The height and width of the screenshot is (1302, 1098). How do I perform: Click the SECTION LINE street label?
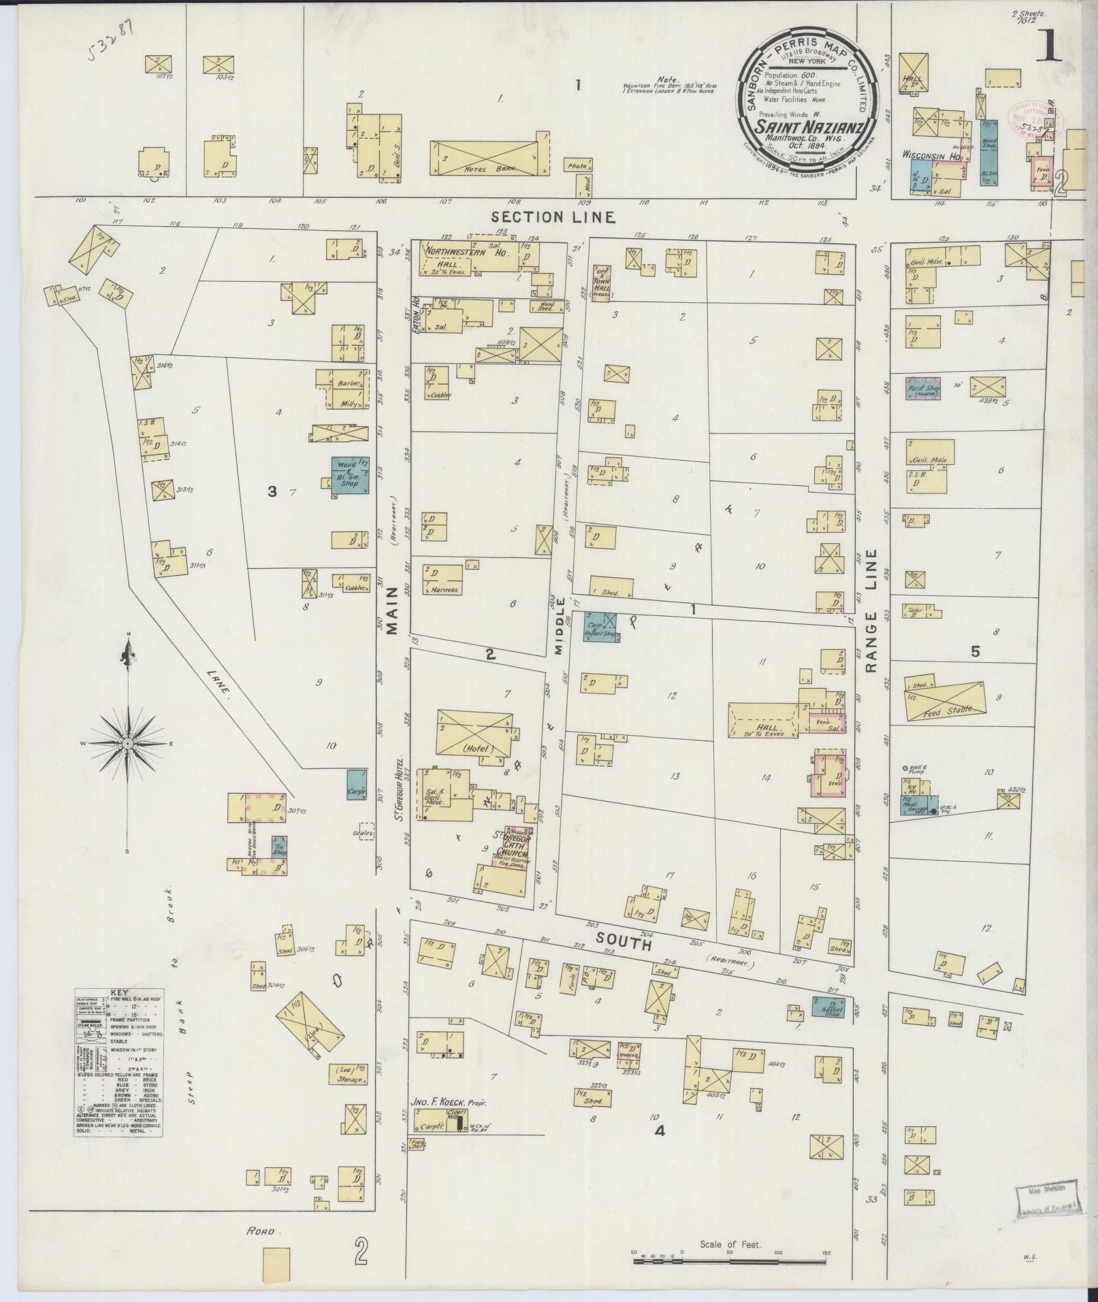click(x=553, y=217)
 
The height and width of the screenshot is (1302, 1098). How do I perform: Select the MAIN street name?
click(x=393, y=613)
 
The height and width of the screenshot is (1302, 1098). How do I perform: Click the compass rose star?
click(x=127, y=743)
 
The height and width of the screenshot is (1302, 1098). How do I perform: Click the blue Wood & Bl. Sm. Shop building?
click(x=350, y=475)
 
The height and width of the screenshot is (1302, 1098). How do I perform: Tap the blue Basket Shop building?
click(x=828, y=1008)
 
